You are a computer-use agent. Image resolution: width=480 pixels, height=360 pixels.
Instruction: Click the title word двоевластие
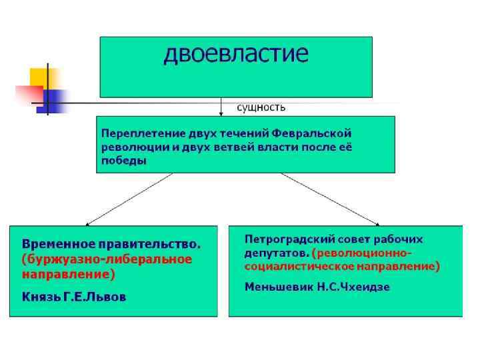click(x=236, y=54)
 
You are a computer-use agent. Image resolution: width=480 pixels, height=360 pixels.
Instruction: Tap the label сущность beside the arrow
click(x=262, y=107)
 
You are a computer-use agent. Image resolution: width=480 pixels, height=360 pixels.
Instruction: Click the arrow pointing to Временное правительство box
click(x=129, y=198)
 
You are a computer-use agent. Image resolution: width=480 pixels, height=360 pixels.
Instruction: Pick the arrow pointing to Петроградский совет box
click(x=330, y=198)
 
